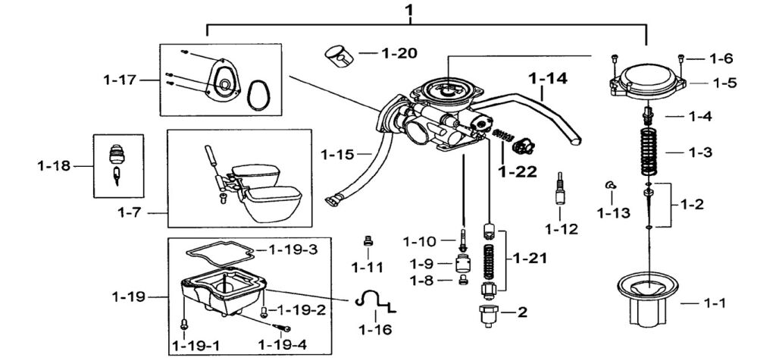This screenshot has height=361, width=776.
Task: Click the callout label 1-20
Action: click(399, 53)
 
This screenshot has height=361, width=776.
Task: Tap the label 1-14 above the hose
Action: click(548, 78)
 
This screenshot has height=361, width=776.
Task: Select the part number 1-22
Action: click(518, 172)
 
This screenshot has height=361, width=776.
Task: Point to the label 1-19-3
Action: click(293, 249)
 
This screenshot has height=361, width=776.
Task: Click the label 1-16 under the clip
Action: click(375, 329)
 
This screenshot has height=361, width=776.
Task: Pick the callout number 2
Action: click(522, 312)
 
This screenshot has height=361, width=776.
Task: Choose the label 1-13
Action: click(613, 213)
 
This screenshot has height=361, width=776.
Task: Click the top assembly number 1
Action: click(408, 9)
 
